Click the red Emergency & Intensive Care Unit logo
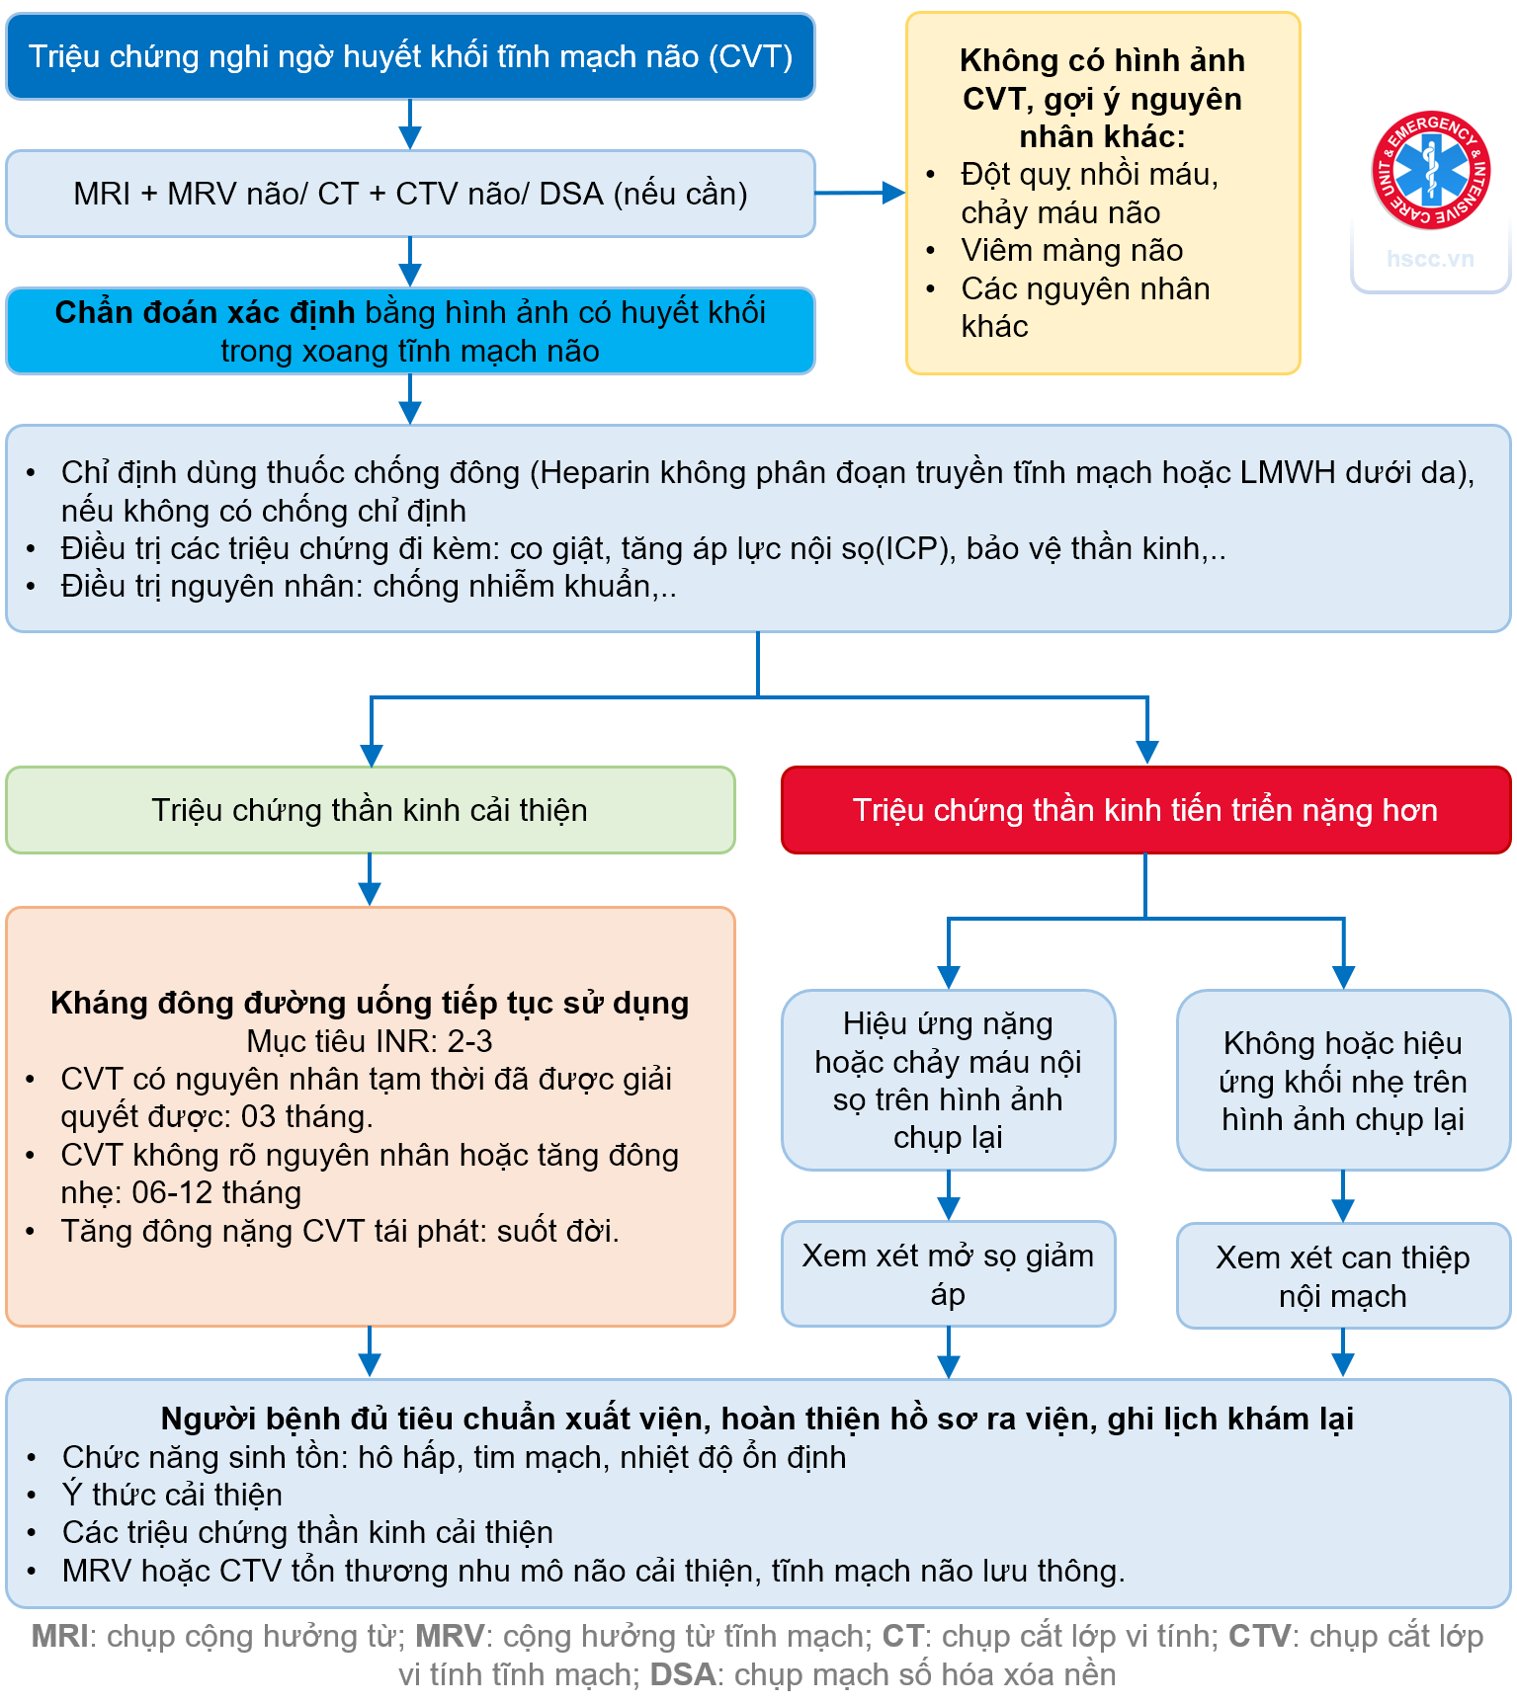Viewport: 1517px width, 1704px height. click(1430, 170)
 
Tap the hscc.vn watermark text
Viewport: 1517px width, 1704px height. click(1430, 259)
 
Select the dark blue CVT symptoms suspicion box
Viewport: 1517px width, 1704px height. click(410, 56)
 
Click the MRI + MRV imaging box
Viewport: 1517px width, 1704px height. click(410, 194)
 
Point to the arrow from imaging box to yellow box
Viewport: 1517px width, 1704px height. click(860, 193)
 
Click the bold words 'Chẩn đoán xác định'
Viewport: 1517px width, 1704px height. click(205, 312)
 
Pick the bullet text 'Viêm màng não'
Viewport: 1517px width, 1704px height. click(1071, 250)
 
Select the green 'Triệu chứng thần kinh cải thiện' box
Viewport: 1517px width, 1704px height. click(370, 810)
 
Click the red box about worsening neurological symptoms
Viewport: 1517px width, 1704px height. click(1145, 810)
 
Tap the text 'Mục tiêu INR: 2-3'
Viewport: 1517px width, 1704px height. click(370, 1041)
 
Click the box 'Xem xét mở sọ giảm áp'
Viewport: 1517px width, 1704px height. click(948, 1274)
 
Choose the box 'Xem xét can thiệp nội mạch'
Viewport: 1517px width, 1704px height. click(1342, 1276)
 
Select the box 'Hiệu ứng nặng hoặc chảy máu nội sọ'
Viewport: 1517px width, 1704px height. click(948, 1080)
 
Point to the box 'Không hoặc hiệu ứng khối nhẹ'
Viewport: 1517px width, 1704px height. click(1342, 1081)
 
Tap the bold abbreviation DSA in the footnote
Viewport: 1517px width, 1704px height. click(683, 1674)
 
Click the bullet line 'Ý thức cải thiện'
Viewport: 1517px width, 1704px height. click(172, 1495)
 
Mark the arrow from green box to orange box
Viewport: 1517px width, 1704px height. click(370, 880)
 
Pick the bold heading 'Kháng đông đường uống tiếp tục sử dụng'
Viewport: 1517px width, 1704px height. click(370, 1003)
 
